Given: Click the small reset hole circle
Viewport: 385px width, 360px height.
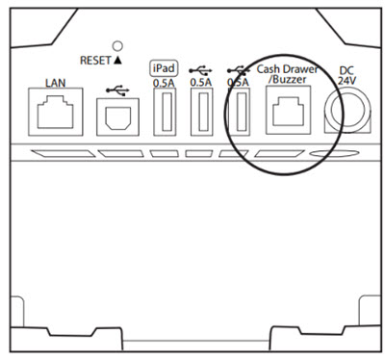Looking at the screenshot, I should (x=116, y=44).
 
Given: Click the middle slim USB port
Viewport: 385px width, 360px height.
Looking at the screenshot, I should (x=201, y=116).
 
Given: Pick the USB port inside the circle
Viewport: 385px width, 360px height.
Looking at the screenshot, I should (x=239, y=116).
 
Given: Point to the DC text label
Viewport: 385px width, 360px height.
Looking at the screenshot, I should (x=348, y=69).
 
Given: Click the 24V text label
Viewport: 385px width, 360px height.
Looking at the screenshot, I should (x=348, y=83).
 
